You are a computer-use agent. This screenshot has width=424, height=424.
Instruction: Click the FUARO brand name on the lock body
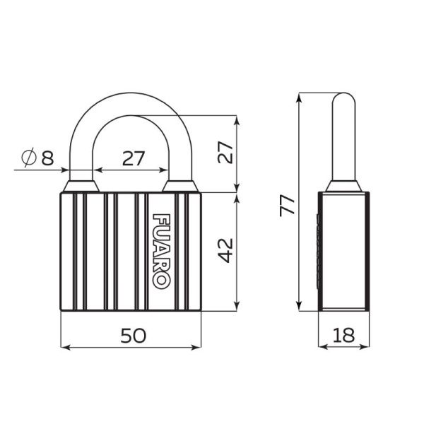coord(161,250)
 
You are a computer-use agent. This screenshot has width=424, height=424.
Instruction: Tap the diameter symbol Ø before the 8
coord(29,158)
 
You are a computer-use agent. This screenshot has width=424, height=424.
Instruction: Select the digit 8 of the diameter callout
coord(47,158)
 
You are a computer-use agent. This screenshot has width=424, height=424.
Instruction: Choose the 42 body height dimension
coord(225,250)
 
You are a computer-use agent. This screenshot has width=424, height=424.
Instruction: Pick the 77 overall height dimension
coord(286,204)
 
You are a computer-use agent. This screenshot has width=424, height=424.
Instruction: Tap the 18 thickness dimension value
coord(343,336)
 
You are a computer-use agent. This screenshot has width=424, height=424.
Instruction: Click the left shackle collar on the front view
coord(81,186)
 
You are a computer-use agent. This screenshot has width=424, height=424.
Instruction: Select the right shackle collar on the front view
coord(181,186)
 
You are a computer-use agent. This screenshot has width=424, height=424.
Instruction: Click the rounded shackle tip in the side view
coord(343,98)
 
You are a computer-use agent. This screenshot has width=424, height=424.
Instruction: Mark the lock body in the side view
coord(343,251)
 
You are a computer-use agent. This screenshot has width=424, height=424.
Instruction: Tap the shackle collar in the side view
coord(343,186)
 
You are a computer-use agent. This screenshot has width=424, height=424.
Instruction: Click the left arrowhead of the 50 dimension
coord(66,347)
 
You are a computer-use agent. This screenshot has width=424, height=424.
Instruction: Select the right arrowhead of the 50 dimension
coord(197,347)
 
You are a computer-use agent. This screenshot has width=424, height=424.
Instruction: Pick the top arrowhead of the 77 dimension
coord(299,97)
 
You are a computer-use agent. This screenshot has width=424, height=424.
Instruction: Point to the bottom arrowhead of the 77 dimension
coord(299,305)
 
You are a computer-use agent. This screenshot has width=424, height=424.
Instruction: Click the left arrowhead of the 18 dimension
coord(322,347)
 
